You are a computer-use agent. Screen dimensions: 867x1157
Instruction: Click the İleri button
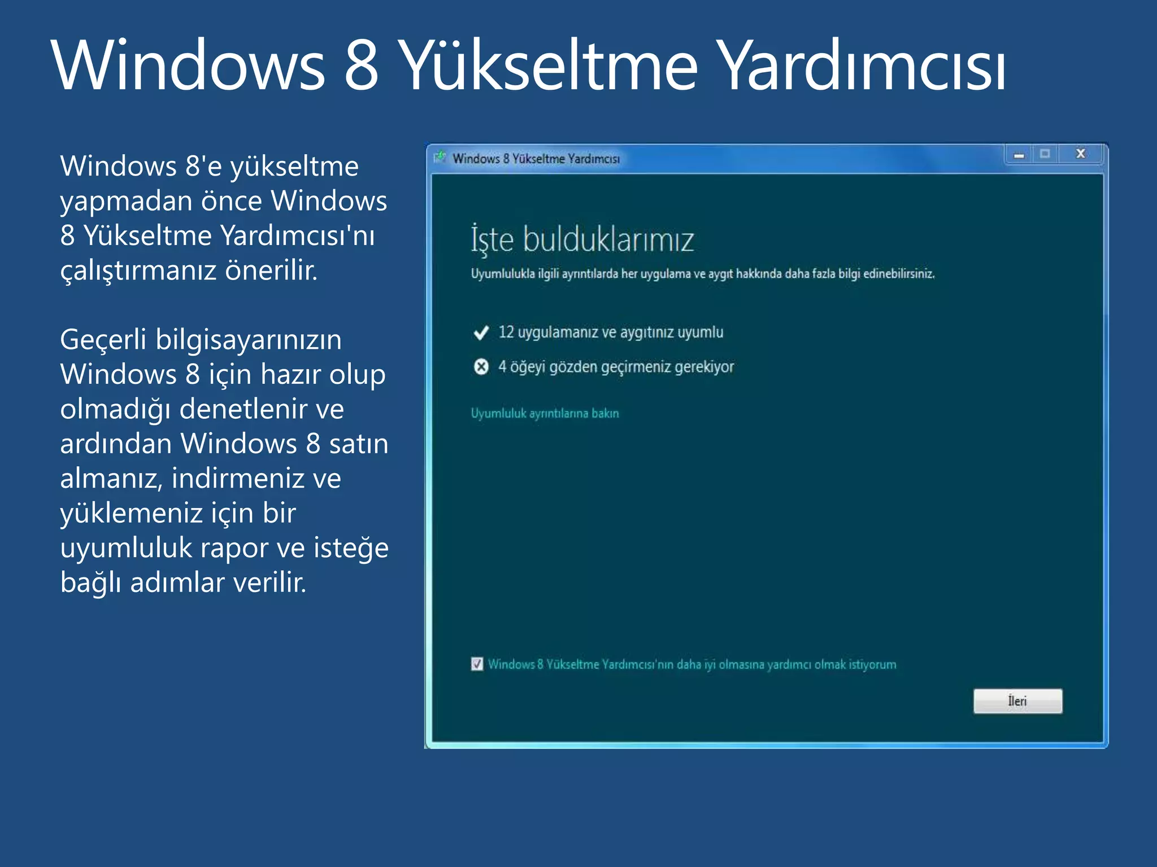pos(1017,701)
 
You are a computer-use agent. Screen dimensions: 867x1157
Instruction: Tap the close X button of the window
pos(1081,154)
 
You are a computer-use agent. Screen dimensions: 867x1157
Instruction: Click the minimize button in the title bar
pos(1019,155)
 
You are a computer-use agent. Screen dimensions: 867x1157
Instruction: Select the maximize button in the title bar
pos(1045,154)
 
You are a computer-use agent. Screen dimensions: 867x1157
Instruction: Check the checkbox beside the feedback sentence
pos(477,664)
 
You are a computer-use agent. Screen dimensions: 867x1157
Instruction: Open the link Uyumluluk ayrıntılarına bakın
pos(545,413)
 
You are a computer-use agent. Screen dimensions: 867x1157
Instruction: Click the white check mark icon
pos(481,332)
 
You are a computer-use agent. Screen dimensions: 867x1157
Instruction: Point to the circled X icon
pos(481,367)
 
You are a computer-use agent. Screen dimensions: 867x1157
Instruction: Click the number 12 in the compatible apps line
pos(506,332)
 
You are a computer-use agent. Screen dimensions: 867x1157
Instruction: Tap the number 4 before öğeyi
pos(502,366)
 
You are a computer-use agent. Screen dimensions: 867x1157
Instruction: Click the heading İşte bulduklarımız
pos(582,239)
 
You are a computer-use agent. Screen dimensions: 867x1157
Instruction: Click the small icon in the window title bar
pos(440,157)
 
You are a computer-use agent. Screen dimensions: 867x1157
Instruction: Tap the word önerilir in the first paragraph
pos(271,270)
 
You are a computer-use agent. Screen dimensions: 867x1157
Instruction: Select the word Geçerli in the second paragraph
pos(103,340)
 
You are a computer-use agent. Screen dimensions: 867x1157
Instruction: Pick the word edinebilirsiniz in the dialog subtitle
pos(898,274)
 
